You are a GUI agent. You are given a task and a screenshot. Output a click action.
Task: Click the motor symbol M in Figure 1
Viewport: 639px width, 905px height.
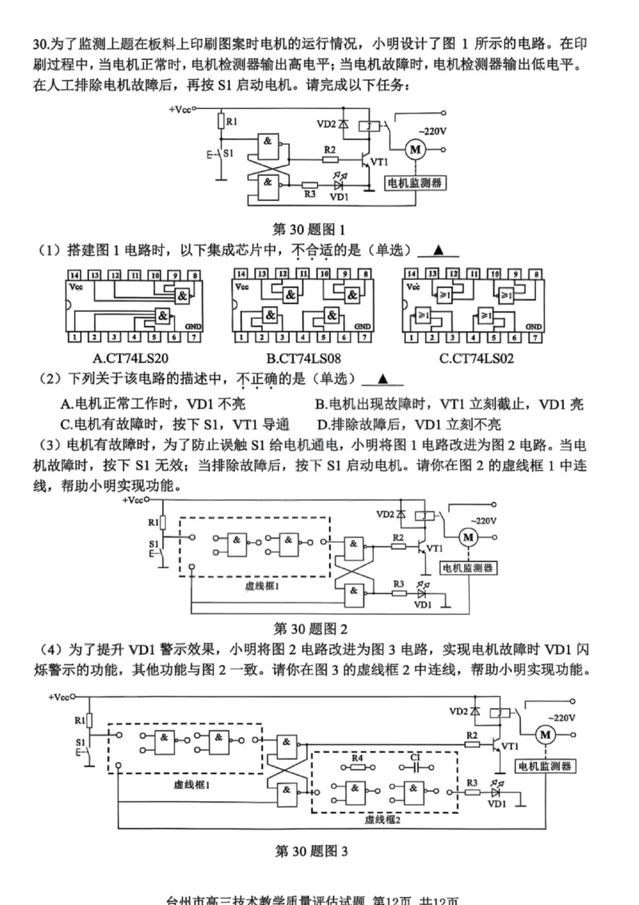coord(414,147)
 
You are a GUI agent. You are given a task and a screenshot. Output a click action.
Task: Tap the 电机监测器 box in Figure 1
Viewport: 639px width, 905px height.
coord(415,183)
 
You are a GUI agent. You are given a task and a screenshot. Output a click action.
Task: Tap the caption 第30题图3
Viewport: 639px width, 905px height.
coord(312,851)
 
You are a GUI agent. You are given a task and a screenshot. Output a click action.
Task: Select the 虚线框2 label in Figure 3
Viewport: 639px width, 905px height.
coord(383,820)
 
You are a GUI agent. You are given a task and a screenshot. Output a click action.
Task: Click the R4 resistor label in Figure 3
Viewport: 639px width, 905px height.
coord(357,756)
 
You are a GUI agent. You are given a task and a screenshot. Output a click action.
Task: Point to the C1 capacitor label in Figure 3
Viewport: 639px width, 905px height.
coord(415,756)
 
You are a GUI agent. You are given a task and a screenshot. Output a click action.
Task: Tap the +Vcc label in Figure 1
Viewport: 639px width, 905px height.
coord(181,108)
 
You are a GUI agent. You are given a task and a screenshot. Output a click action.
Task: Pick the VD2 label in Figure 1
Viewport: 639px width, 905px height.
coord(327,124)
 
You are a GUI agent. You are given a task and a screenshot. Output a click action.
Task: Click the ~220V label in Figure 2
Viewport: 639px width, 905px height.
coord(482,520)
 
